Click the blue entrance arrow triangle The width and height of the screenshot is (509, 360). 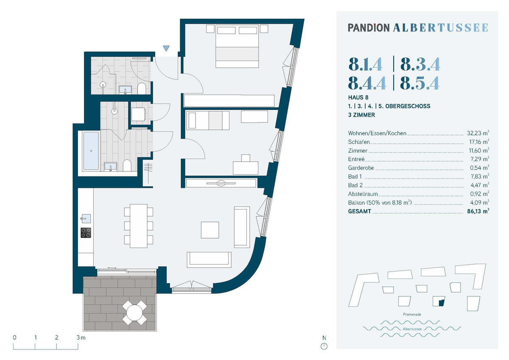[x=166, y=48]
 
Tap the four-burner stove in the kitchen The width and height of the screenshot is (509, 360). [x=86, y=233]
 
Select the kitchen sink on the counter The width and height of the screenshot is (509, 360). [x=86, y=218]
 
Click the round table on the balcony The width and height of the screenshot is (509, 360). [x=134, y=313]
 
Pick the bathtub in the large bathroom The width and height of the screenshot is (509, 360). [x=91, y=151]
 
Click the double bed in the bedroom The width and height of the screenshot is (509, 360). [x=237, y=46]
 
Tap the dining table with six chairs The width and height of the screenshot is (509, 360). [x=138, y=226]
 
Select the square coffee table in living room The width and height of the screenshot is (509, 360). [x=210, y=230]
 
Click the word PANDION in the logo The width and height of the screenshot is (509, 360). [x=369, y=28]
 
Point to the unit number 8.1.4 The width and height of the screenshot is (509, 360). [x=365, y=64]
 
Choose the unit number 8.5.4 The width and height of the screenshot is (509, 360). [x=420, y=83]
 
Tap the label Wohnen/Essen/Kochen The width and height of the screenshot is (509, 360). [x=377, y=133]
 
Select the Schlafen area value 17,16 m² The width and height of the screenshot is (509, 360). [x=479, y=142]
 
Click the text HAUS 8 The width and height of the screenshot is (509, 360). [x=358, y=98]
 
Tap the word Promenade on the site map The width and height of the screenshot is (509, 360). [x=412, y=314]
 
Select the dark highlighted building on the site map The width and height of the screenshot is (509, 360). [x=441, y=303]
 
